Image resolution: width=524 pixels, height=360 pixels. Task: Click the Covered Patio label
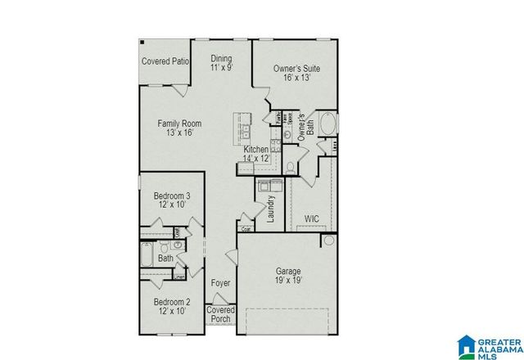[x=165, y=61]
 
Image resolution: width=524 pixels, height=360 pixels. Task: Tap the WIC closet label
[x=312, y=219]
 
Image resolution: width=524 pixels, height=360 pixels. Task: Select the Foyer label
[x=220, y=283]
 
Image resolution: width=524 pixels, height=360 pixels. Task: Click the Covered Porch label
[x=220, y=314]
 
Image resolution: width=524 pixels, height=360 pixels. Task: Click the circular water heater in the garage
[x=328, y=241]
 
